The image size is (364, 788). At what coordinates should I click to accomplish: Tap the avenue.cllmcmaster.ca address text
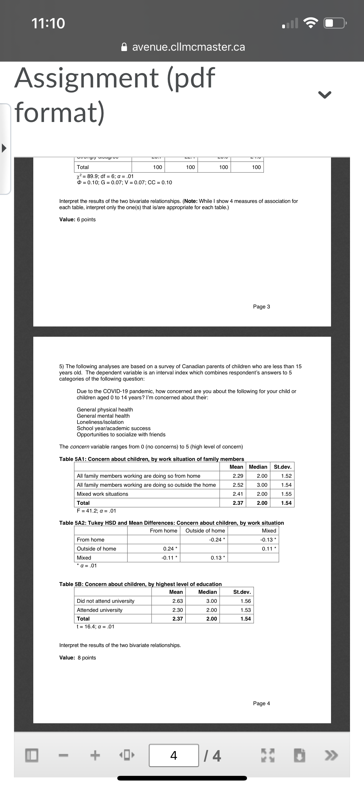189,47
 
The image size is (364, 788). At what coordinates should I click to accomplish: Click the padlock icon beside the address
124,47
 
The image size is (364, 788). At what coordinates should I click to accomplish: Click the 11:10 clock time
48,23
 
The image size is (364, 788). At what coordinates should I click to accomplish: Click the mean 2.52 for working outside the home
238,485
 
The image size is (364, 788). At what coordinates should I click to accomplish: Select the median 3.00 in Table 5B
212,601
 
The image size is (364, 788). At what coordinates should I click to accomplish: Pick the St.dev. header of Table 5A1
282,467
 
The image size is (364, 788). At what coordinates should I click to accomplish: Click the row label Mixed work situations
102,494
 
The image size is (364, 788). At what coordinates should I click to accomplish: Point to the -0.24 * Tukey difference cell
217,539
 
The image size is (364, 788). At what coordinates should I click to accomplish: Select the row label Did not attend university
105,601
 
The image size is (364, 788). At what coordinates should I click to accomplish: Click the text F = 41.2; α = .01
96,510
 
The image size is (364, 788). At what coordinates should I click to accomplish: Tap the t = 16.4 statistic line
95,626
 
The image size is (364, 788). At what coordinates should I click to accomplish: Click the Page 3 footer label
261,307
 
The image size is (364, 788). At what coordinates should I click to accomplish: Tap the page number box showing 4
174,755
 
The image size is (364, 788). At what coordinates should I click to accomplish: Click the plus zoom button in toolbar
95,755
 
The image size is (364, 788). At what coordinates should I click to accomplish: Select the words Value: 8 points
77,658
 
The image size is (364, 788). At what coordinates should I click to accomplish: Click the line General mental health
103,416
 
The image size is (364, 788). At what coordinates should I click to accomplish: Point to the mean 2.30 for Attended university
177,610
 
